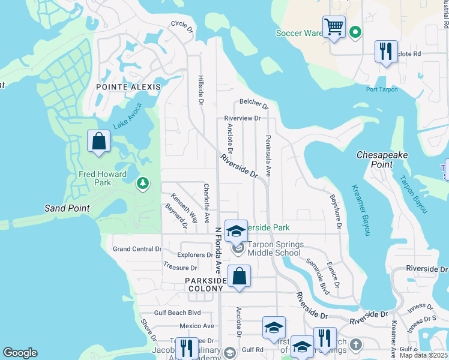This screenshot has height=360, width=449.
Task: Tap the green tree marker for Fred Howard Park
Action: pyautogui.click(x=143, y=182)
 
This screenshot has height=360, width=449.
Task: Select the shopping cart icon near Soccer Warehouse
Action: pyautogui.click(x=334, y=27)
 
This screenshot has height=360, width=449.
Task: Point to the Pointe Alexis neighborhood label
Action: pyautogui.click(x=128, y=87)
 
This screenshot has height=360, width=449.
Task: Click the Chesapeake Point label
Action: pyautogui.click(x=382, y=159)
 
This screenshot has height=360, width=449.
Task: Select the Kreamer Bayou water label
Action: pyautogui.click(x=358, y=209)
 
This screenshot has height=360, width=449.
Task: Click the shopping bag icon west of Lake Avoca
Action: pyautogui.click(x=99, y=142)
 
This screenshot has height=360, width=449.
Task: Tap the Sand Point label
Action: pyautogui.click(x=67, y=208)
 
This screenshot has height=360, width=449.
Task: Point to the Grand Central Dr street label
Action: pyautogui.click(x=137, y=249)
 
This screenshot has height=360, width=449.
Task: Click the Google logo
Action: pyautogui.click(x=20, y=353)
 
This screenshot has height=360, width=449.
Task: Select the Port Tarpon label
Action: pyautogui.click(x=382, y=90)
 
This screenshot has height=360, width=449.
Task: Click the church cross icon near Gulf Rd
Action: pyautogui.click(x=356, y=344)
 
